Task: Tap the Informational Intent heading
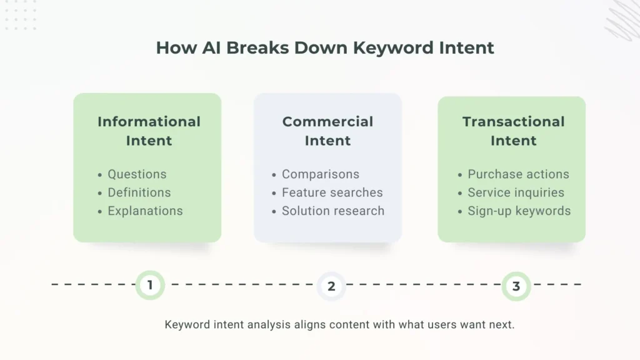pos(149,131)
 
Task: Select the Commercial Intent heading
pos(327,131)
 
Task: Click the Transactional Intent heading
pos(513,131)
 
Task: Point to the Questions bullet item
pos(137,174)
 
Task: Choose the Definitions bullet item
pos(139,192)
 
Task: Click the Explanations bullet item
pos(145,211)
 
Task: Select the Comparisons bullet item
pos(320,174)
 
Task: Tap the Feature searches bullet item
pos(332,192)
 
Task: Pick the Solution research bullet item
pos(332,211)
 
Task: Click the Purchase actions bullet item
pos(518,174)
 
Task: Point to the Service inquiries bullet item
pos(516,192)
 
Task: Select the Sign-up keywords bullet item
pos(519,211)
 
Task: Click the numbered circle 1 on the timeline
pos(150,286)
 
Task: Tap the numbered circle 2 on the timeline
pos(331,286)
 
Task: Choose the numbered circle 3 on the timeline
pos(516,286)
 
